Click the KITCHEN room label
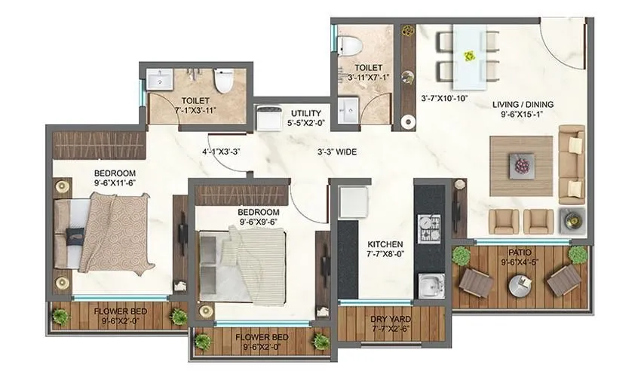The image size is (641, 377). pyautogui.click(x=385, y=245)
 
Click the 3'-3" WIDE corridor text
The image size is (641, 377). pyautogui.click(x=336, y=152)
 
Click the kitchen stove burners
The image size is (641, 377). pyautogui.click(x=432, y=225)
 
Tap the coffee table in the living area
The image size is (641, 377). pyautogui.click(x=520, y=162)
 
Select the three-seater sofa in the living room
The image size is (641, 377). pyautogui.click(x=571, y=164)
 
